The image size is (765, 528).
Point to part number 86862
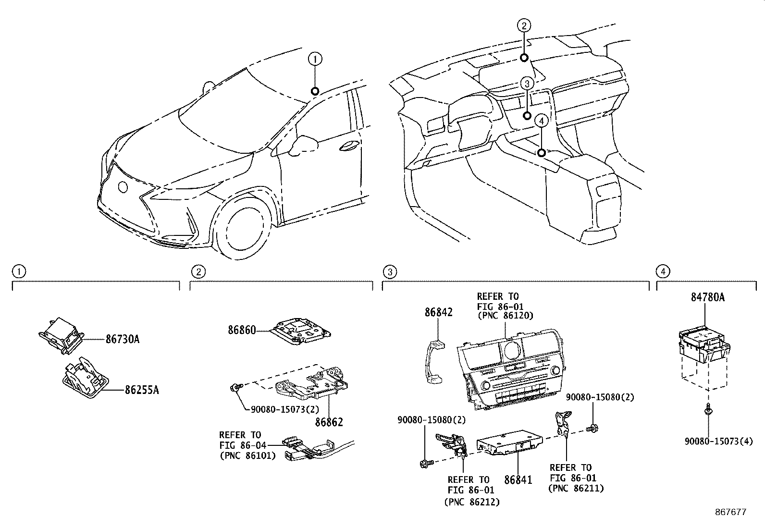[x=329, y=422]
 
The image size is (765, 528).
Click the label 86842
[x=438, y=312]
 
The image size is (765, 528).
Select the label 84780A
[x=707, y=297]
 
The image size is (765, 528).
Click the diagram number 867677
[x=730, y=512]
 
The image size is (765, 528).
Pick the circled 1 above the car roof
[x=315, y=60]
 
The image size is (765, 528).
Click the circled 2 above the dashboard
[x=524, y=25]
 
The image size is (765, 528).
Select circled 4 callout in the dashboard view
[x=541, y=121]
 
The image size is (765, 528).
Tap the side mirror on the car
[x=304, y=144]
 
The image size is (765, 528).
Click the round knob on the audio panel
[x=511, y=349]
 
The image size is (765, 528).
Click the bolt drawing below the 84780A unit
[x=708, y=411]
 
